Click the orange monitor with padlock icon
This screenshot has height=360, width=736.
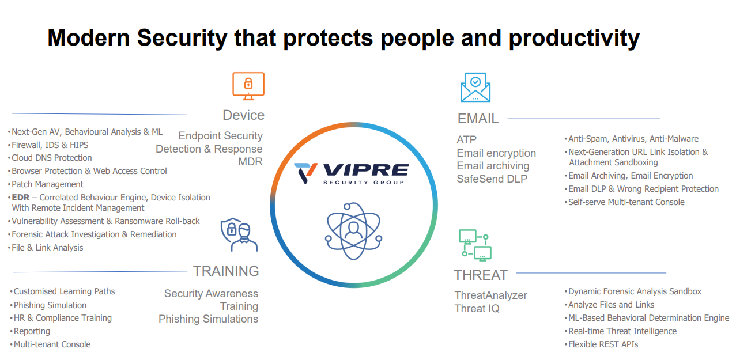point(248,86)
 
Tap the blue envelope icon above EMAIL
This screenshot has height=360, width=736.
point(475,88)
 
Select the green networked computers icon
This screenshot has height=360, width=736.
point(475,245)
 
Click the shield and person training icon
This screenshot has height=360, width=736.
point(239,234)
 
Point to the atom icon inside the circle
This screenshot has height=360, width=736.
point(353,231)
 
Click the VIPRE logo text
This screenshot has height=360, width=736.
point(366,170)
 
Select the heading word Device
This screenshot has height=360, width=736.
point(243,115)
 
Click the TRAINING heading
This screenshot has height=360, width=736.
point(226,271)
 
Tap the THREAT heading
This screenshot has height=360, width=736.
point(481,275)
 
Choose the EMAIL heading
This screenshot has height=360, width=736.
point(478,119)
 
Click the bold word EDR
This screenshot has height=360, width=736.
point(21,198)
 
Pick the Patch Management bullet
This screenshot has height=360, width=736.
point(47,184)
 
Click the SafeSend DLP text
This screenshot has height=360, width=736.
point(492,179)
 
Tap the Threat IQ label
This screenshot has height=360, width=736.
point(477,308)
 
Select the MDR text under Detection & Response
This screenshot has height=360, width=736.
point(250,162)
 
